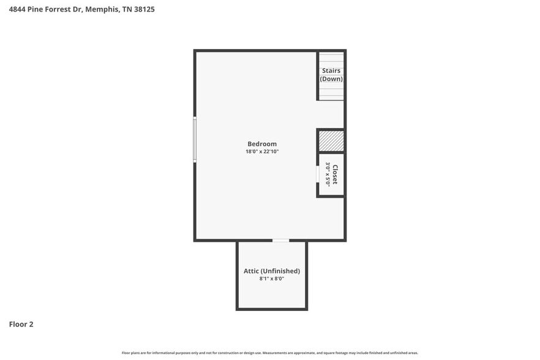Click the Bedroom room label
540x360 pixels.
(262, 144)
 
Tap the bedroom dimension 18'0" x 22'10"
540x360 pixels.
(262, 152)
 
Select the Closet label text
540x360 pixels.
(335, 174)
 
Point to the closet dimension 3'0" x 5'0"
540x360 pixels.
(328, 174)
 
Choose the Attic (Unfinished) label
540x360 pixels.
(271, 271)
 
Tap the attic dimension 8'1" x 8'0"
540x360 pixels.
(271, 279)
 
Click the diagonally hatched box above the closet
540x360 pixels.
(331, 141)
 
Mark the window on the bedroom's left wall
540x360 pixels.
(195, 140)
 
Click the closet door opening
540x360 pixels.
(318, 174)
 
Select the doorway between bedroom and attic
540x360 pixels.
(280, 241)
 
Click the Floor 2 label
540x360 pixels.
(21, 324)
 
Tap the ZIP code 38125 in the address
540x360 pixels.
(144, 9)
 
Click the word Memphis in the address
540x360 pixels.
(102, 9)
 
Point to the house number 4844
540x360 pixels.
(17, 9)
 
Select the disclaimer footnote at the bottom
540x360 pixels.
(270, 353)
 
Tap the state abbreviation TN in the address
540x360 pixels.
(126, 9)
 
